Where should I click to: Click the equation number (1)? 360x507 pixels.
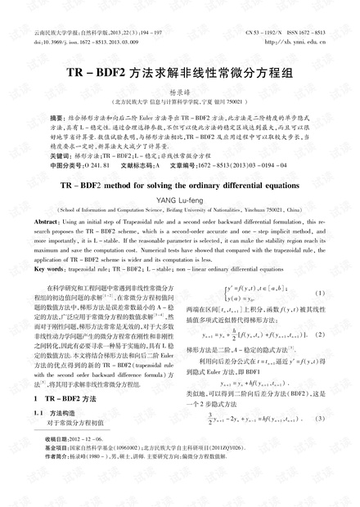(320, 294)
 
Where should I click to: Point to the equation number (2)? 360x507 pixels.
(320, 334)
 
